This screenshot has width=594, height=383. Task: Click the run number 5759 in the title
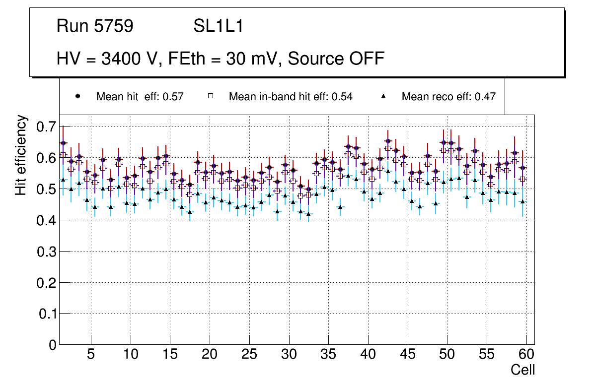point(114,26)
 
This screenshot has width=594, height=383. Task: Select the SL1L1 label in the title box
point(219,26)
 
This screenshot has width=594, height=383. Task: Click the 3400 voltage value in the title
point(119,59)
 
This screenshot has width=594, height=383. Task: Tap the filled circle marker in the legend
point(78,96)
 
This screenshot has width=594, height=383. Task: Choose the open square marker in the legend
point(211,96)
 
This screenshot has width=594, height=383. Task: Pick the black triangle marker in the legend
point(383,96)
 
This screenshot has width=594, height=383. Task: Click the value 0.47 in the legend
point(485,97)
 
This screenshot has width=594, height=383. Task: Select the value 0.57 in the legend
point(173,97)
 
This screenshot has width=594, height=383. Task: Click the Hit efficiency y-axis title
point(21,155)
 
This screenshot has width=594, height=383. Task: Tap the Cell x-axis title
point(522,370)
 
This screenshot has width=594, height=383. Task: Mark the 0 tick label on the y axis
point(52,345)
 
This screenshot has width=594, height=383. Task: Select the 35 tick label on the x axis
point(328,355)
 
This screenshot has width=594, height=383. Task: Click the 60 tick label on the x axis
point(526,355)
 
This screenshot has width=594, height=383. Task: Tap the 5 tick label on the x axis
point(90,355)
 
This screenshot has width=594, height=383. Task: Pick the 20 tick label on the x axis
point(210,355)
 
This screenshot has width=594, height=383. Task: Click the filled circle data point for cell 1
point(63,143)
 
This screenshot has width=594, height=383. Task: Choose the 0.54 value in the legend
point(342,97)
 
